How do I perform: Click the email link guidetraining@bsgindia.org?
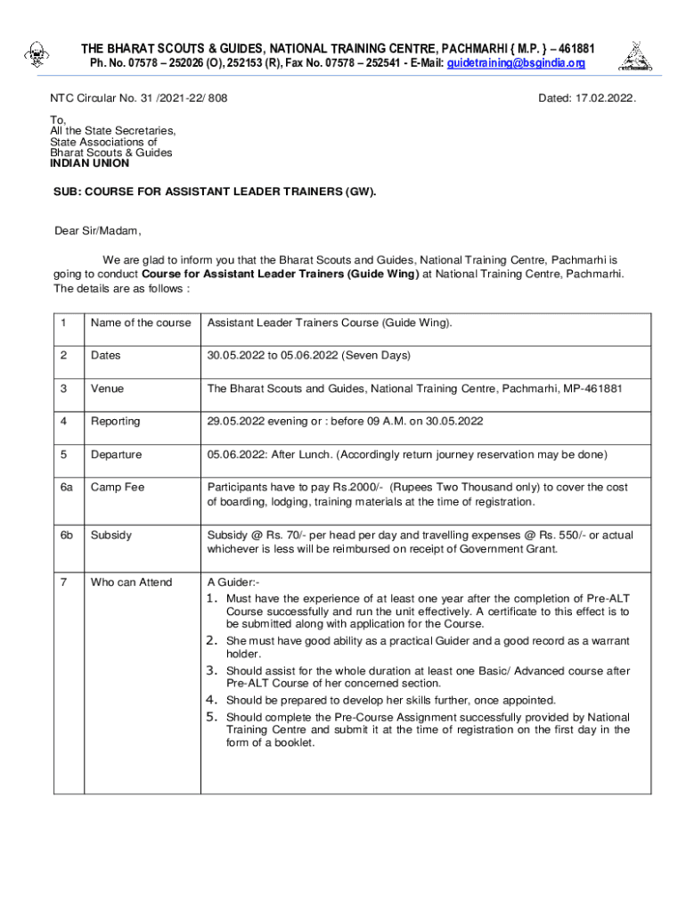[516, 63]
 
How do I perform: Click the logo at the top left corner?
[37, 56]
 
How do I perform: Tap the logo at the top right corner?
[633, 55]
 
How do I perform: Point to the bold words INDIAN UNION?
[89, 164]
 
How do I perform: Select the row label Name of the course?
[140, 323]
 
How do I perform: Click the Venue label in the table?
[107, 389]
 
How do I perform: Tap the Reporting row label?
[115, 421]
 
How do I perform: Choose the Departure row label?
[116, 455]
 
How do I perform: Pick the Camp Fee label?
[117, 488]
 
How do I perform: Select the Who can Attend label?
[131, 583]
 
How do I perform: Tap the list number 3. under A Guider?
[213, 670]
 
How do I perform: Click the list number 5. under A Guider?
[213, 717]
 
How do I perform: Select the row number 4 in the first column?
[63, 421]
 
